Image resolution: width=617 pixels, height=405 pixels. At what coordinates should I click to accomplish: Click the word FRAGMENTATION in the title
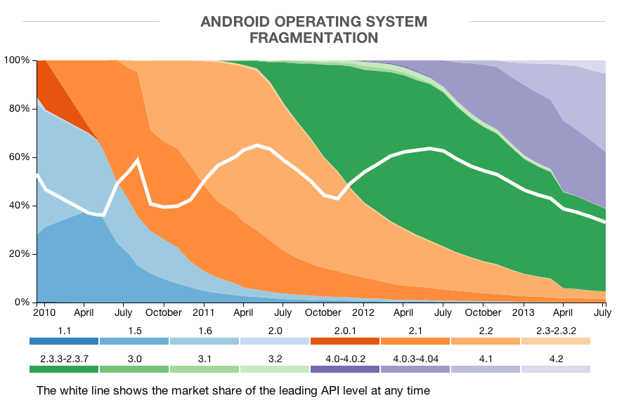click(x=313, y=38)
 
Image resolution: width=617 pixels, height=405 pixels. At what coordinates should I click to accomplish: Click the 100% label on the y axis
click(x=15, y=60)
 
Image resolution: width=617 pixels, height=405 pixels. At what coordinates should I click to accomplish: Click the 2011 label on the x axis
click(x=204, y=312)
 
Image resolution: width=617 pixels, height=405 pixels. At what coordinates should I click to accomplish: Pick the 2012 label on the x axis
click(x=363, y=312)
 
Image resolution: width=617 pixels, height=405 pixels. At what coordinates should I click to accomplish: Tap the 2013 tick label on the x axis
click(x=523, y=312)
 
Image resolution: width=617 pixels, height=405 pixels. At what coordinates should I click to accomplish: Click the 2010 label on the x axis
click(x=44, y=312)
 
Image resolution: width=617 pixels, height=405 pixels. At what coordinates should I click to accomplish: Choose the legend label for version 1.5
click(x=134, y=329)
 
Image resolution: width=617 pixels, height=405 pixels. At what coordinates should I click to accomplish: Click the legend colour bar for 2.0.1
click(x=345, y=341)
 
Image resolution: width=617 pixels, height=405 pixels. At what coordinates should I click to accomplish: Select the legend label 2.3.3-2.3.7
click(x=64, y=357)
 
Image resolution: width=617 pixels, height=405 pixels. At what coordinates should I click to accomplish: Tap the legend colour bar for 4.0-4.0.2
click(x=345, y=369)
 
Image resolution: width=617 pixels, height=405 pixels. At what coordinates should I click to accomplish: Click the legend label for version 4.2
click(x=556, y=357)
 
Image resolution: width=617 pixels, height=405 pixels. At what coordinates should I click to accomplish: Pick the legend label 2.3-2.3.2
click(x=556, y=329)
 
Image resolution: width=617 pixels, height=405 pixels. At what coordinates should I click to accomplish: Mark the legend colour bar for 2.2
click(x=486, y=341)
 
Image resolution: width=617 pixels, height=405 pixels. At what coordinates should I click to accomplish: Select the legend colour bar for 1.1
click(x=64, y=341)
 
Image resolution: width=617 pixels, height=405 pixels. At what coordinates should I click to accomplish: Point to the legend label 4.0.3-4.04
click(x=415, y=357)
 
